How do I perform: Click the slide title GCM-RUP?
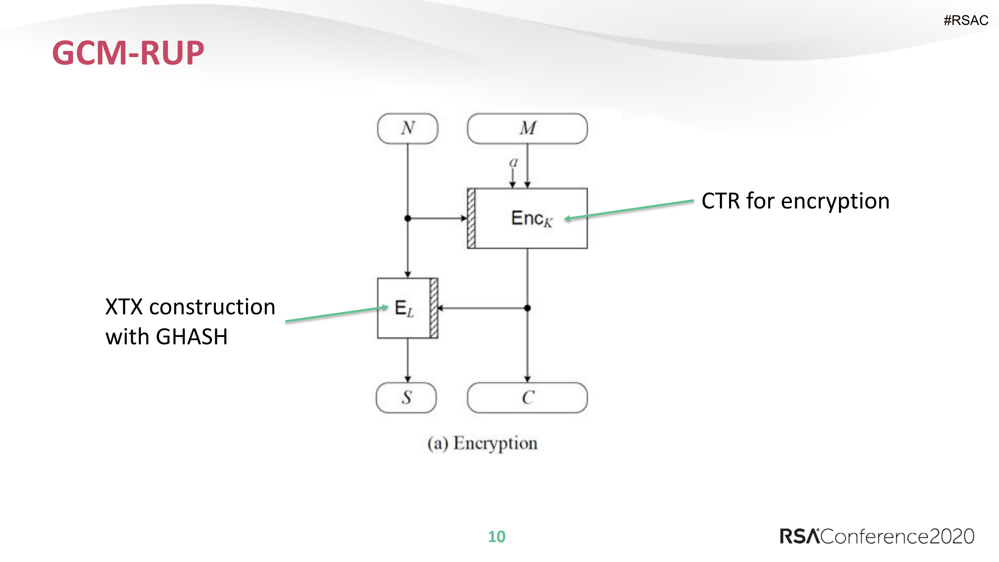(x=128, y=53)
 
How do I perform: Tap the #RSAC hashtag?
(x=965, y=20)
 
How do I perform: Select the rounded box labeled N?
(x=408, y=128)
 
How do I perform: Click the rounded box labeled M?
(x=527, y=128)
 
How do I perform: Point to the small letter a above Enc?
(x=513, y=162)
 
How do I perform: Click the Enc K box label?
(x=532, y=218)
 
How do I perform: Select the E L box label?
(x=404, y=308)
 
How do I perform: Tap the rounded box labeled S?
(x=406, y=398)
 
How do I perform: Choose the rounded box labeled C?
(x=527, y=398)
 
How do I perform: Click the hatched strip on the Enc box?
(x=471, y=218)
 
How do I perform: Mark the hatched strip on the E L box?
(x=434, y=308)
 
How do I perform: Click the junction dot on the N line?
(x=408, y=218)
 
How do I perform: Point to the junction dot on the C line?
(x=527, y=308)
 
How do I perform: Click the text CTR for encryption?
(x=795, y=202)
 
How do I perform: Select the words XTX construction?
(x=190, y=307)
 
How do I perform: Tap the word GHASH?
(x=192, y=337)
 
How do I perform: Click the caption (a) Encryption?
(x=483, y=444)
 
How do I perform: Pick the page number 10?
(x=497, y=537)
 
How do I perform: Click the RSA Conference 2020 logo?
(x=877, y=536)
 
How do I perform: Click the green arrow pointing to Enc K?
(x=629, y=210)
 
